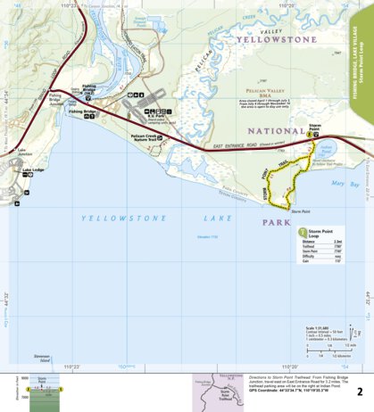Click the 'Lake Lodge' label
coord(33,169)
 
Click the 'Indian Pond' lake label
coord(324,149)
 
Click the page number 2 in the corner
coord(359,391)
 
